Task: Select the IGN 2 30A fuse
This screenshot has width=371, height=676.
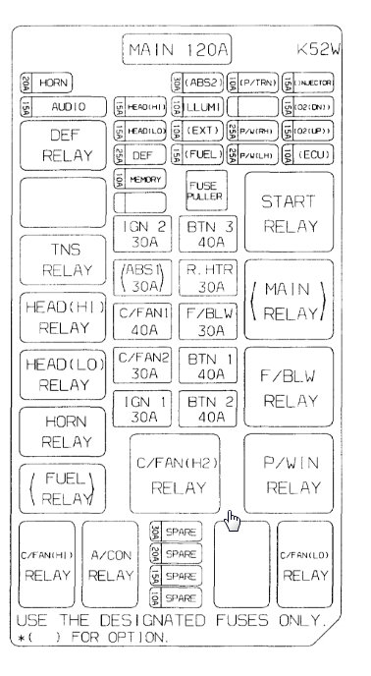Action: click(143, 233)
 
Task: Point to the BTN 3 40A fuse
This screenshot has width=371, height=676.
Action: click(206, 233)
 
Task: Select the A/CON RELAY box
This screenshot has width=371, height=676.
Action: click(110, 566)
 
